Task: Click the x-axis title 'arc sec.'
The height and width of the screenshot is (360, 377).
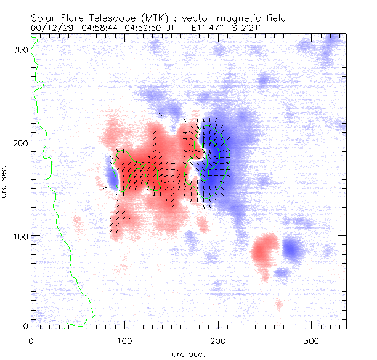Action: [x=188, y=354]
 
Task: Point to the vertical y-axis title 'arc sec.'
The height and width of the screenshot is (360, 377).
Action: [x=6, y=181]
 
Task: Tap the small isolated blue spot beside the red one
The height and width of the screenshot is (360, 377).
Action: [x=292, y=249]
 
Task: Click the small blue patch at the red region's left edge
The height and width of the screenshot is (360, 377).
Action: [x=111, y=178]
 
